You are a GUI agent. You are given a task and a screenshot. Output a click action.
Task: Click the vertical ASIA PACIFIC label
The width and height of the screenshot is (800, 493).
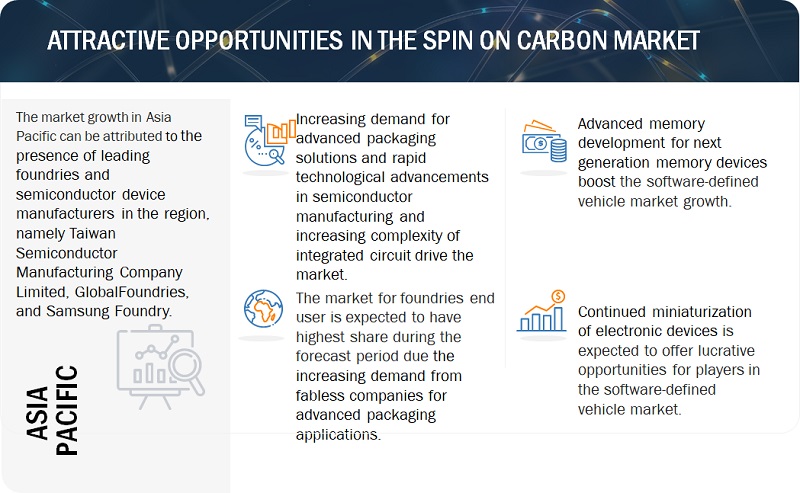[52, 412]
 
